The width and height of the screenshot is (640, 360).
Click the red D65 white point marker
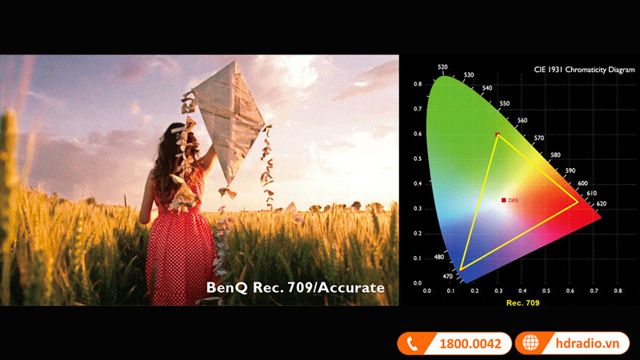click(503, 200)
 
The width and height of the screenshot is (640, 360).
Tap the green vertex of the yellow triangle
click(498, 134)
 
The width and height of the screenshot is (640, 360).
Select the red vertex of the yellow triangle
click(578, 202)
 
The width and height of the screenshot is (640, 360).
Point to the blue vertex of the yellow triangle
click(461, 269)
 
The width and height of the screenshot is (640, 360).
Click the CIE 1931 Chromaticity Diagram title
click(578, 70)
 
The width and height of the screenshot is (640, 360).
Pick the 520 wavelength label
click(442, 68)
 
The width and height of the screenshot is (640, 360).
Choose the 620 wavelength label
click(602, 204)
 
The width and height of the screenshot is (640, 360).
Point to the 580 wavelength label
click(556, 154)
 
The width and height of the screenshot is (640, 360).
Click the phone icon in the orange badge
click(413, 344)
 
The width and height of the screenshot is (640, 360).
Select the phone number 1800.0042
click(470, 344)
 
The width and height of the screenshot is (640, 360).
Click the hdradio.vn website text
click(587, 344)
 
